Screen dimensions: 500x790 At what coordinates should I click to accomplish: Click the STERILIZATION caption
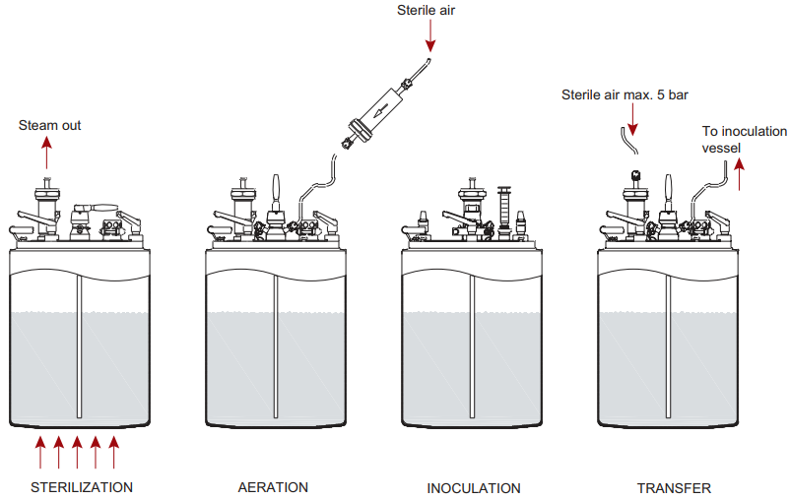click(82, 487)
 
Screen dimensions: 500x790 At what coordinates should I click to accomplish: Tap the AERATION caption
click(273, 487)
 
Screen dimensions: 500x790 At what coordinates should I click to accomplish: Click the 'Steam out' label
click(50, 125)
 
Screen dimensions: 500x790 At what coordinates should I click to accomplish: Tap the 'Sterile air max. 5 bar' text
click(625, 95)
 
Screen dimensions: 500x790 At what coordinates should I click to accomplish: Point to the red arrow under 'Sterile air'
click(430, 37)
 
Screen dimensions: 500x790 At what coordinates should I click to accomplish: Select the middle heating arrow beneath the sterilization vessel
click(77, 452)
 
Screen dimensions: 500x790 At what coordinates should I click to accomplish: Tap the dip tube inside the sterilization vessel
click(78, 344)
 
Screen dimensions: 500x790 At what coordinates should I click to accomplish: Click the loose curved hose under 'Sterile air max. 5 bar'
click(627, 142)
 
